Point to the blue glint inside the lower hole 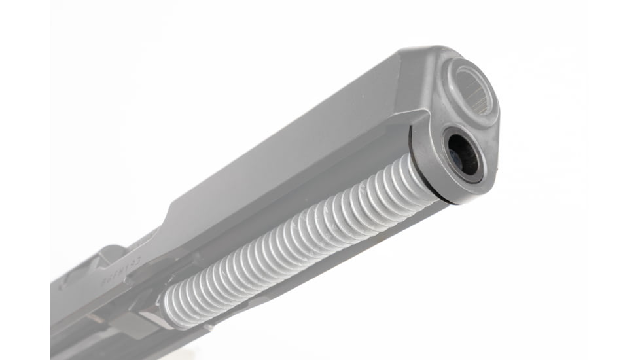pyautogui.click(x=454, y=157)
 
